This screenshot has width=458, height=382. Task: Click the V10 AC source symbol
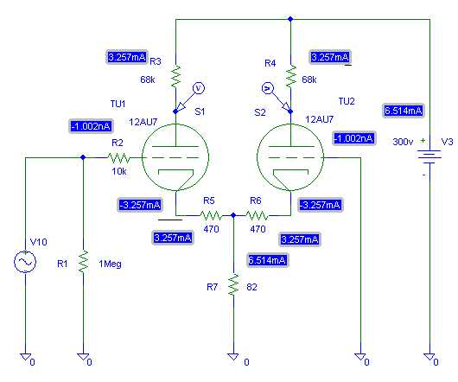click(x=25, y=262)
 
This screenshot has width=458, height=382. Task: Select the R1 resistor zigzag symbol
click(x=83, y=261)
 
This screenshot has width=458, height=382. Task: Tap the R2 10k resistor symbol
click(x=119, y=157)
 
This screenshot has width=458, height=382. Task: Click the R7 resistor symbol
click(x=233, y=284)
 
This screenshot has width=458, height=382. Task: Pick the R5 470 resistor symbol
click(x=211, y=216)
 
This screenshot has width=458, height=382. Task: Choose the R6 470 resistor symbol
click(x=257, y=216)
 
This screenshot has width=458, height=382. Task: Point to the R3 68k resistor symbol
click(x=175, y=77)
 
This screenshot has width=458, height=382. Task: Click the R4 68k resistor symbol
click(x=291, y=77)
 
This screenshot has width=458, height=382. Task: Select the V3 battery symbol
click(x=429, y=155)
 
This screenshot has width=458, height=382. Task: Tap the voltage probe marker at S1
click(x=189, y=98)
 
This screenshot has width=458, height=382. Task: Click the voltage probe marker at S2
click(x=276, y=98)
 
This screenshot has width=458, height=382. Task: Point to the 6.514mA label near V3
click(x=404, y=111)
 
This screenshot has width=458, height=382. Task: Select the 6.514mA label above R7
click(x=267, y=260)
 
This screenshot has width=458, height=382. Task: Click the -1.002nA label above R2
click(x=91, y=126)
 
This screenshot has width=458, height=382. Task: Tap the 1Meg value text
click(x=110, y=264)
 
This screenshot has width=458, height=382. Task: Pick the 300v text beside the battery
click(x=403, y=142)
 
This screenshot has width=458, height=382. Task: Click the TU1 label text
click(x=118, y=104)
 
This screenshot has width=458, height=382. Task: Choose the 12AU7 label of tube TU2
click(x=319, y=119)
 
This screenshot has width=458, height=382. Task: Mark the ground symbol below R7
click(x=233, y=357)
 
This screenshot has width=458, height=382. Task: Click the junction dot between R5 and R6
click(x=233, y=215)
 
